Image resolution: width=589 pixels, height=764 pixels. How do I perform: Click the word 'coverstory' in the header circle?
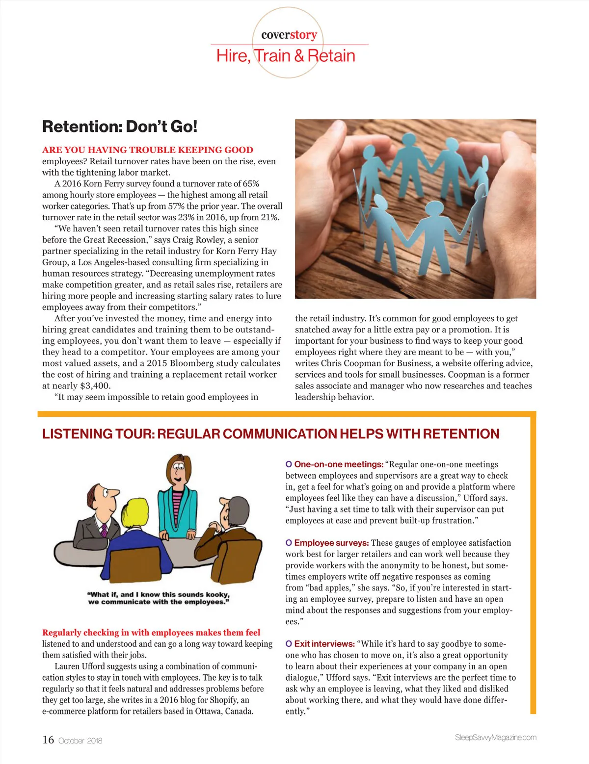(x=289, y=35)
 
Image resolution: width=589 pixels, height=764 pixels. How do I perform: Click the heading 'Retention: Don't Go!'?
(x=120, y=127)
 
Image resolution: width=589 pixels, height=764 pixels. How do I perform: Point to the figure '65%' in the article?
(x=250, y=184)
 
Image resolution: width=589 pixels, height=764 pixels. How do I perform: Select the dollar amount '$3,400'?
(x=95, y=386)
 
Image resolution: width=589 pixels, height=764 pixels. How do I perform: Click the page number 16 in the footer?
(x=48, y=740)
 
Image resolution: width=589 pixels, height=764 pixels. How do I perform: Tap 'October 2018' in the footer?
(x=80, y=741)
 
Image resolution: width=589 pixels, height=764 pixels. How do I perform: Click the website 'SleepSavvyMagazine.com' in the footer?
(x=495, y=738)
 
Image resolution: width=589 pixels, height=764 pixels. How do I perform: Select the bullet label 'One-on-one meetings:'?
(x=339, y=464)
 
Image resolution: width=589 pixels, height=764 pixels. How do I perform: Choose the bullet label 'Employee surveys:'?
(x=331, y=543)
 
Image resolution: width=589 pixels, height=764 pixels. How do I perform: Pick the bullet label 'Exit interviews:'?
(x=324, y=644)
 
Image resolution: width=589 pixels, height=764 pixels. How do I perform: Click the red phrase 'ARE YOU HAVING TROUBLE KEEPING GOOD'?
(x=148, y=150)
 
